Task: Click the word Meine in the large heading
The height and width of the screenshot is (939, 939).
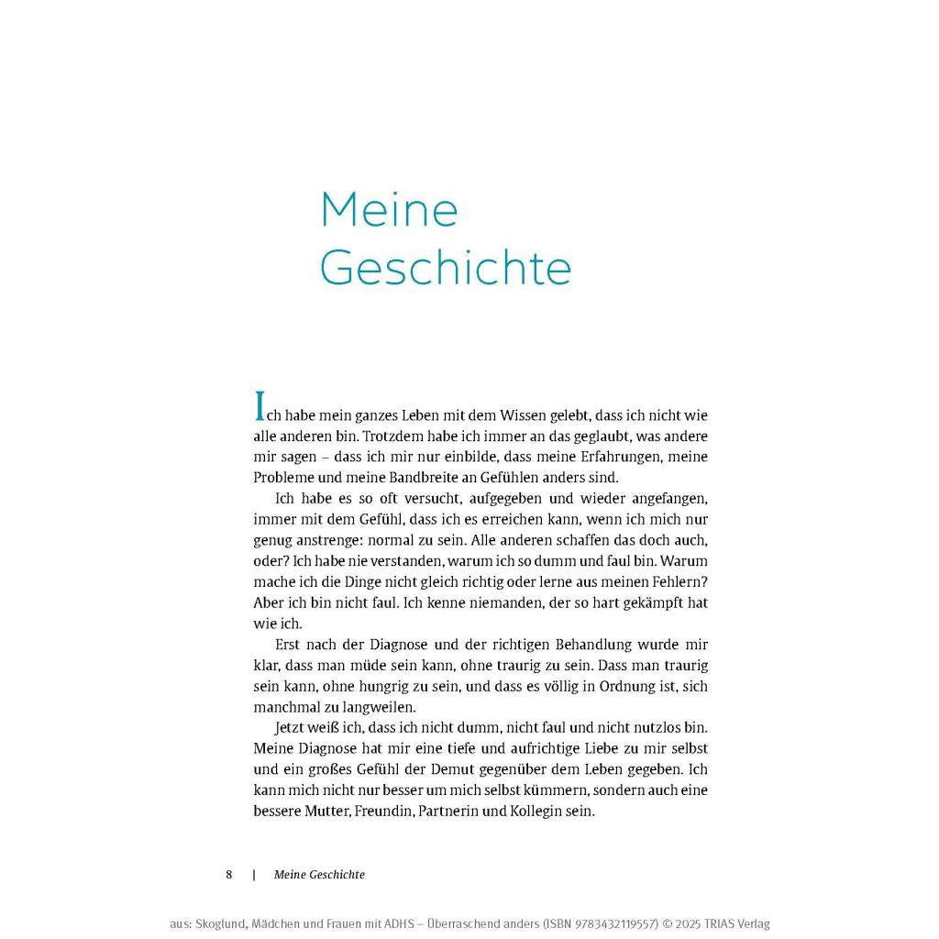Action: coord(389,210)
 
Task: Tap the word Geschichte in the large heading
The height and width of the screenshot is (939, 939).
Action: coord(446,268)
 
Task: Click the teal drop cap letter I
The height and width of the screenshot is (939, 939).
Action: coord(260,406)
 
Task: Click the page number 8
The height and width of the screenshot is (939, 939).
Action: coord(229,875)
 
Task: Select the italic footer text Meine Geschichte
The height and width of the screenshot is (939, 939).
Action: coord(319,875)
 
